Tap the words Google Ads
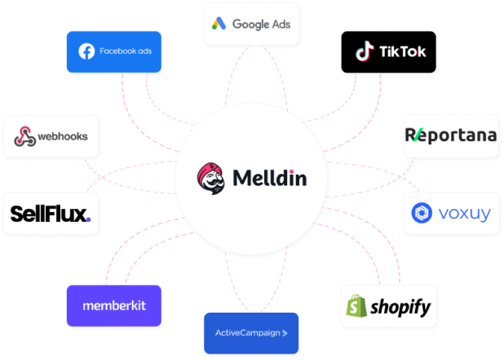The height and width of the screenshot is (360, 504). pos(262,24)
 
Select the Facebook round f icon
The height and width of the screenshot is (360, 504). pos(86,51)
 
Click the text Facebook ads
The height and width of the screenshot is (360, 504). pos(126,51)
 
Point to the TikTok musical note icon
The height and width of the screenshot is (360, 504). pos(364,52)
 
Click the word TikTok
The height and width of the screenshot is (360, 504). pos(402,52)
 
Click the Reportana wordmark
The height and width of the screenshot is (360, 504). pos(451,134)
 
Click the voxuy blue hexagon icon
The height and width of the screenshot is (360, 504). pos(424,214)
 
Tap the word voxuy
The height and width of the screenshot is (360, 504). pos(465,214)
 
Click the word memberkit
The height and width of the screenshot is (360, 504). pos(114,305)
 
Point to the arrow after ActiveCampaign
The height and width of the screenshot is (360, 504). pos(285,333)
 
